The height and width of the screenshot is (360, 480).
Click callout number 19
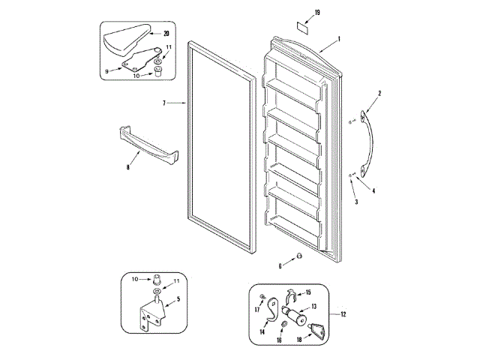(317, 13)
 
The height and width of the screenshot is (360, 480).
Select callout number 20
(166, 33)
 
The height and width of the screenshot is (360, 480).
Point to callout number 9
(107, 70)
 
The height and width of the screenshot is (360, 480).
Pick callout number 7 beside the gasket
(163, 102)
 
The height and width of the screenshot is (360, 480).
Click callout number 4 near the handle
(374, 190)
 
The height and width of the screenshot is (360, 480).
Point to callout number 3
(356, 202)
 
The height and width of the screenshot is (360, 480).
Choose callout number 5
(178, 300)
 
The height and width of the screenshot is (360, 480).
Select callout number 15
(307, 292)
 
